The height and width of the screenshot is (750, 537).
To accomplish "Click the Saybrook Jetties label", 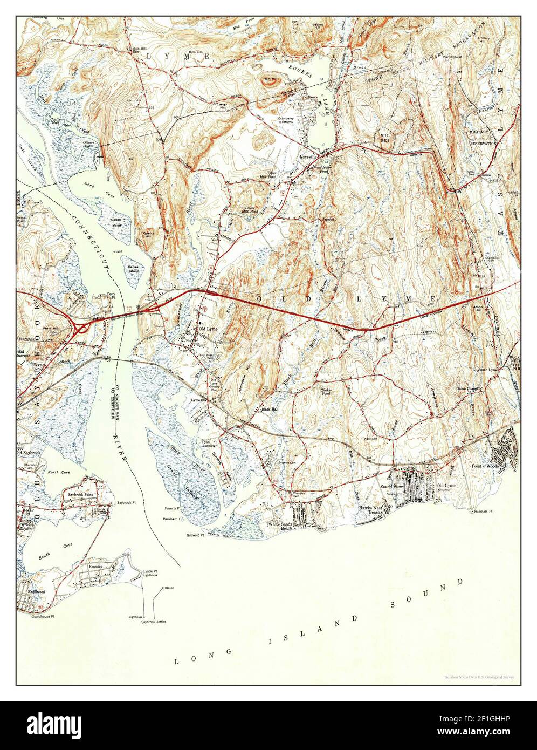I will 154,622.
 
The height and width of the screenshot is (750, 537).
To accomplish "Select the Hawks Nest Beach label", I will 370,510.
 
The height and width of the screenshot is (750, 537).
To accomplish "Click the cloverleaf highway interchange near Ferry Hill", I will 81,328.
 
